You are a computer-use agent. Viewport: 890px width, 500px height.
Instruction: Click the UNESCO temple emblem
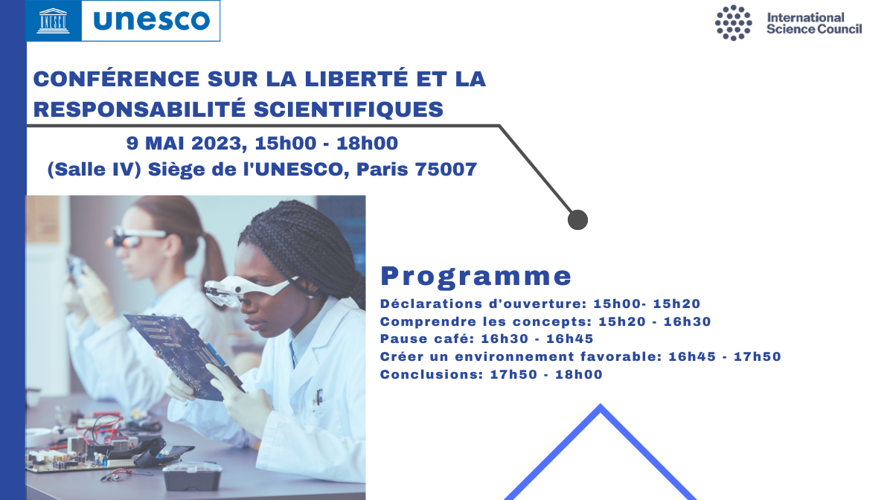pyautogui.click(x=54, y=21)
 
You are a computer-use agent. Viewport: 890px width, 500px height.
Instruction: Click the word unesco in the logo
pyautogui.click(x=151, y=20)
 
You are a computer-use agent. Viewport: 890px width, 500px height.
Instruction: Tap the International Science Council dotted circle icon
pyautogui.click(x=733, y=23)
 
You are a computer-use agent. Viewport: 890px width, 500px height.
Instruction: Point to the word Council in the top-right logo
pyautogui.click(x=839, y=29)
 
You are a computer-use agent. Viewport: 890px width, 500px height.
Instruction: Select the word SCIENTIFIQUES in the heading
pyautogui.click(x=348, y=109)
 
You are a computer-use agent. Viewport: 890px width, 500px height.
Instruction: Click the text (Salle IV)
pyautogui.click(x=95, y=169)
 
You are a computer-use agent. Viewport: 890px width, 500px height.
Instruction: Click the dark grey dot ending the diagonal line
pyautogui.click(x=577, y=219)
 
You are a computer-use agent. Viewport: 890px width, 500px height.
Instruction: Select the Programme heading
pyautogui.click(x=476, y=276)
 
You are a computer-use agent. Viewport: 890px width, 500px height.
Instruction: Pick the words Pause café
pyautogui.click(x=426, y=339)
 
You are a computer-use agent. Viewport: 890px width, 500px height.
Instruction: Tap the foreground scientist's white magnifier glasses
pyautogui.click(x=250, y=287)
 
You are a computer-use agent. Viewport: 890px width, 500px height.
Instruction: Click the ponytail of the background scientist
pyautogui.click(x=211, y=255)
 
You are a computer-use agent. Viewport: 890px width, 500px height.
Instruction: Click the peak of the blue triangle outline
pyautogui.click(x=601, y=406)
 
